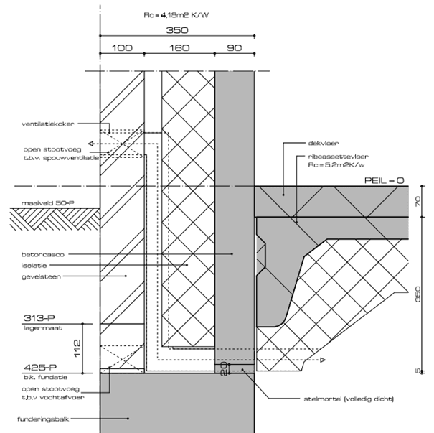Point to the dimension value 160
tap(179, 47)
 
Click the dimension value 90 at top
tap(235, 47)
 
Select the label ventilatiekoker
tap(47, 124)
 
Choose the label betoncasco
tap(42, 254)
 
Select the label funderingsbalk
tap(45, 418)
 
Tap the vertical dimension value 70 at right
tap(418, 202)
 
